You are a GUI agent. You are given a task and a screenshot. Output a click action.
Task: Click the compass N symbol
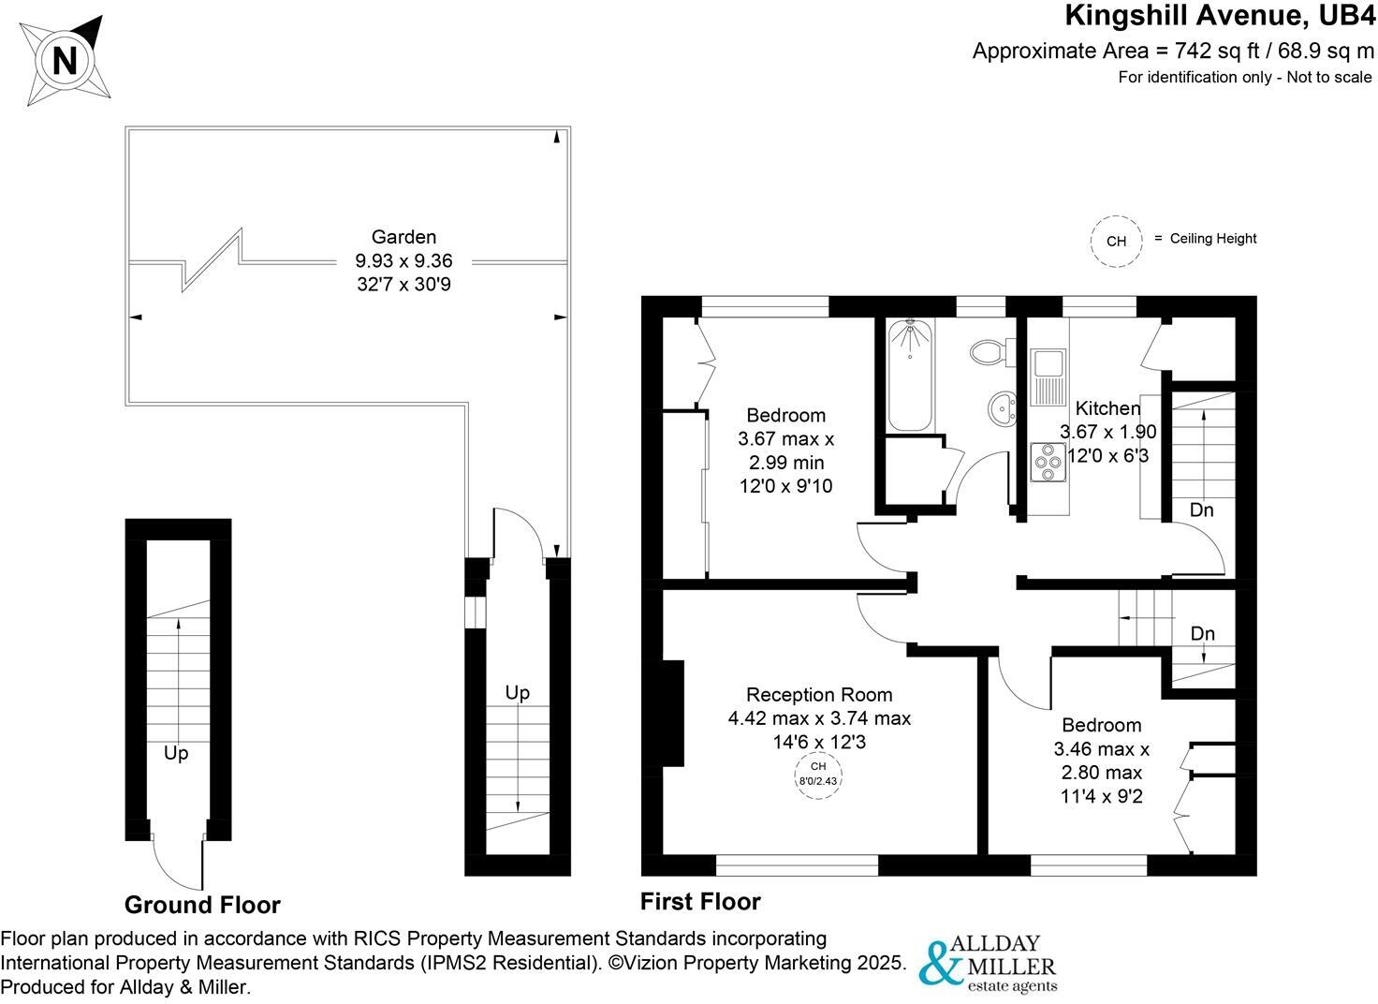(65, 61)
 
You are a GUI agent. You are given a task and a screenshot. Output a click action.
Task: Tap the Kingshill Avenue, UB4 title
(1220, 16)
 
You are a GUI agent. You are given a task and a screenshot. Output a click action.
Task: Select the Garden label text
(403, 237)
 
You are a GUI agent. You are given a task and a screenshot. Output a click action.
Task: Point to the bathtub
(909, 374)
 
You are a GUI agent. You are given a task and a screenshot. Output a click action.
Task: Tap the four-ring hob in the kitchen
(1048, 461)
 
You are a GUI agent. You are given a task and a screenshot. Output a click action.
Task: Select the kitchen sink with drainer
(1048, 376)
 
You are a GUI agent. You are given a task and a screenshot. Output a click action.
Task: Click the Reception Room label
(819, 695)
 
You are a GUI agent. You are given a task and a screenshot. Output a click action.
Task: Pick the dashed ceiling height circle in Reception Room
(818, 774)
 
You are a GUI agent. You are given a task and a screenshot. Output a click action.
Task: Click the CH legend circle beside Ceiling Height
(1116, 241)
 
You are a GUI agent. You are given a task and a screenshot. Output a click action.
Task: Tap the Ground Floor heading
(202, 905)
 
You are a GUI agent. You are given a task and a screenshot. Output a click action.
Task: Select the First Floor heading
(700, 901)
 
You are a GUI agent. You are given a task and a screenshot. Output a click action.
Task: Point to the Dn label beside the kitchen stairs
(1201, 510)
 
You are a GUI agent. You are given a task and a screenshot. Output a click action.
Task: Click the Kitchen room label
(1107, 408)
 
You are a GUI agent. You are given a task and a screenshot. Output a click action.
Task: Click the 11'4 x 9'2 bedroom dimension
(1101, 797)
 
